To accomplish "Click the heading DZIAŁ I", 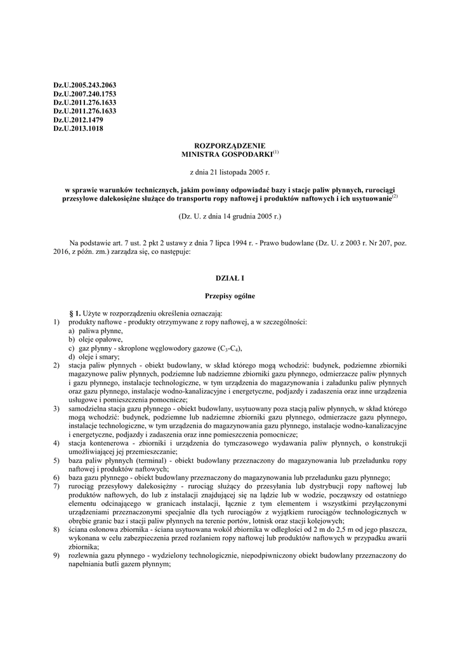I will pyautogui.click(x=230, y=278).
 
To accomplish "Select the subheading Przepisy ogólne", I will pyautogui.click(x=230, y=295).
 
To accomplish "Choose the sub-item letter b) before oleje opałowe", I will pyautogui.click(x=72, y=340).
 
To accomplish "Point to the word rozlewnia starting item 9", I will pyautogui.click(x=83, y=554).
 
